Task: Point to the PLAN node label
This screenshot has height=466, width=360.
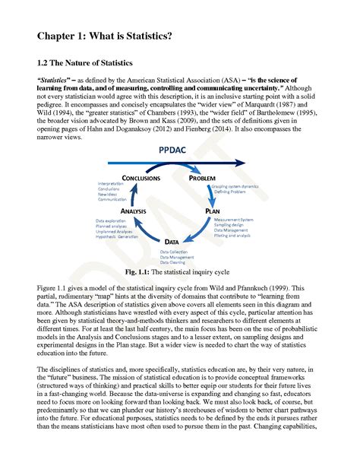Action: pyautogui.click(x=216, y=210)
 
